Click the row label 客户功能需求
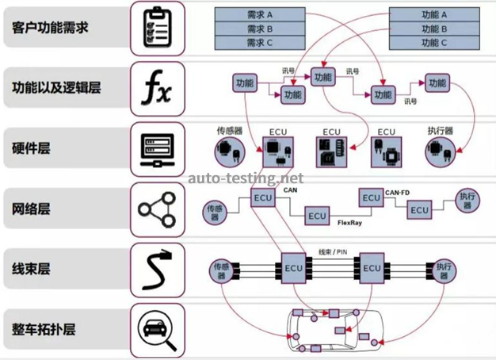[x=50, y=28]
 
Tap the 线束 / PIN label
[x=332, y=251]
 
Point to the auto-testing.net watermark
[x=246, y=178]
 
